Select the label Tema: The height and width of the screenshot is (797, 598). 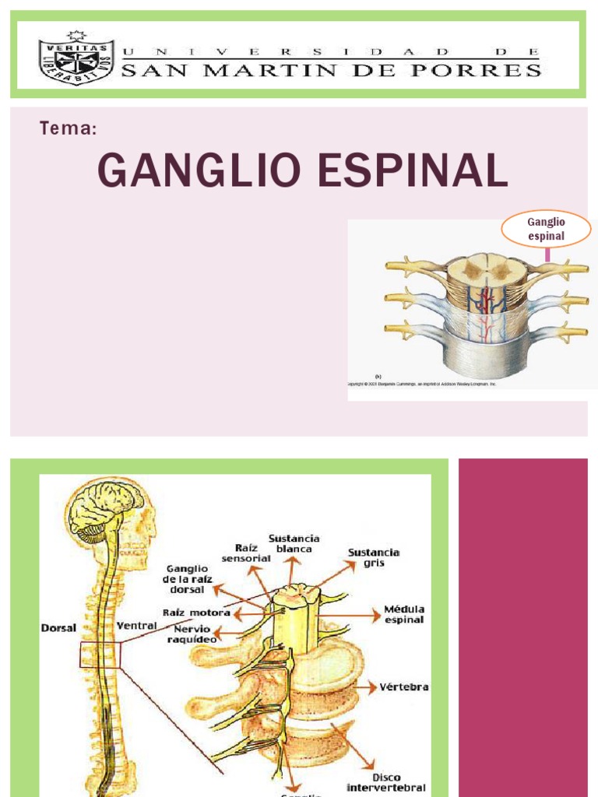coord(68,129)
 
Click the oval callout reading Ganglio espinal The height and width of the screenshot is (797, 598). coord(546,229)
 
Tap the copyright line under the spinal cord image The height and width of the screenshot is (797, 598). coord(421,384)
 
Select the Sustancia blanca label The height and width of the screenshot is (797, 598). coord(294,543)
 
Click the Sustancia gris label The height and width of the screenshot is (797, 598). coord(374,557)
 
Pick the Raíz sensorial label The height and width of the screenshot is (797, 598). coord(245,553)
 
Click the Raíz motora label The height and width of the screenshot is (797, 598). coord(196,613)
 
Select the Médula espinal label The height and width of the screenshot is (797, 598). coord(403,614)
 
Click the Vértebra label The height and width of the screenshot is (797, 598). coord(403,687)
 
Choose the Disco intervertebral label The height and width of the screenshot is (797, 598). coord(386,781)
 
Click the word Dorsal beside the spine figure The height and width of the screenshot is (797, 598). coord(59,627)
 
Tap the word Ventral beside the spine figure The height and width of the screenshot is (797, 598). coord(136,625)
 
